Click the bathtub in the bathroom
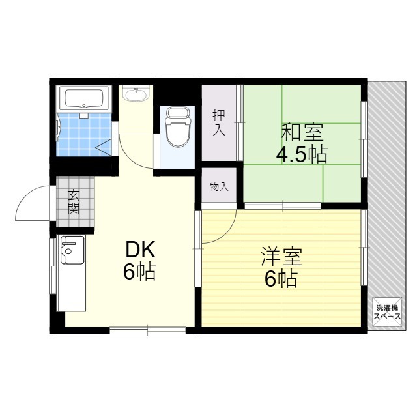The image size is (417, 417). pos(84,98)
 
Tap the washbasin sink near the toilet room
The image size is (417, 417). pos(136,94)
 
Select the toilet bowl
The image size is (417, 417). pos(178,127)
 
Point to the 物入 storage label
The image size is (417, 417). pos(219,187)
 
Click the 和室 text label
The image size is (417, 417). pos(302,132)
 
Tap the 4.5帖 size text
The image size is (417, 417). pos(302,154)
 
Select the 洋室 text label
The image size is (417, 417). pos(281,257)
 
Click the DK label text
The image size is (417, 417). pos(140,250)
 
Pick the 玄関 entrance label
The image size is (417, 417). pos(73,202)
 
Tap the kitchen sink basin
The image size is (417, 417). pos(72,250)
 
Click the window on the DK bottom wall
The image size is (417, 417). pos(148,330)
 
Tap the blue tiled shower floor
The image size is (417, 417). pos(84,135)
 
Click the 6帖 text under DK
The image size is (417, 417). pos(139,272)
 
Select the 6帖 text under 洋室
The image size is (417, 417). pos(281,279)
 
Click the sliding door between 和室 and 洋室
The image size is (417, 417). pos(283,206)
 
